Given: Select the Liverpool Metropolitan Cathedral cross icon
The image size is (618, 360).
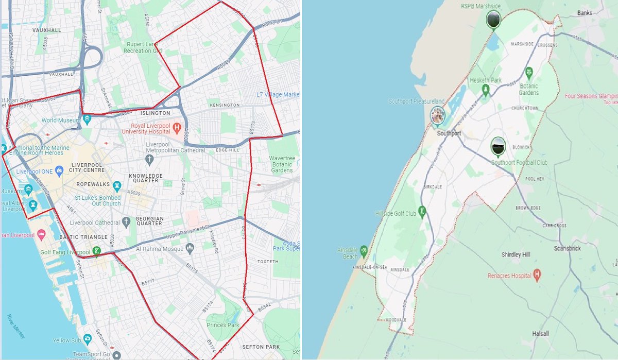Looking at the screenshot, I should [x=149, y=160].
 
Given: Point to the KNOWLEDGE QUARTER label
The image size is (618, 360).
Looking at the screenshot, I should [x=146, y=179].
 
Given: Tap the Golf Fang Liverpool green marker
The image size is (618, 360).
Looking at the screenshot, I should [x=96, y=252].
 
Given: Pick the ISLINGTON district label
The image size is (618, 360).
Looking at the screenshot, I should [x=155, y=113].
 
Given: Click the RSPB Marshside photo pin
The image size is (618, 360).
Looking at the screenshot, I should [x=493, y=19].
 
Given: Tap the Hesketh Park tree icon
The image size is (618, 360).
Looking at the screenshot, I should [x=485, y=91].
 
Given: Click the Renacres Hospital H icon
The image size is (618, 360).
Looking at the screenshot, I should [x=537, y=275].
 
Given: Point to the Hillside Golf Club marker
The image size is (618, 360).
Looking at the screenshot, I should [x=422, y=211].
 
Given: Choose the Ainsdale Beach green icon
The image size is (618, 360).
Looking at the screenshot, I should [x=364, y=250].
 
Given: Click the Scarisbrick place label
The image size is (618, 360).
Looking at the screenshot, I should [x=567, y=248].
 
